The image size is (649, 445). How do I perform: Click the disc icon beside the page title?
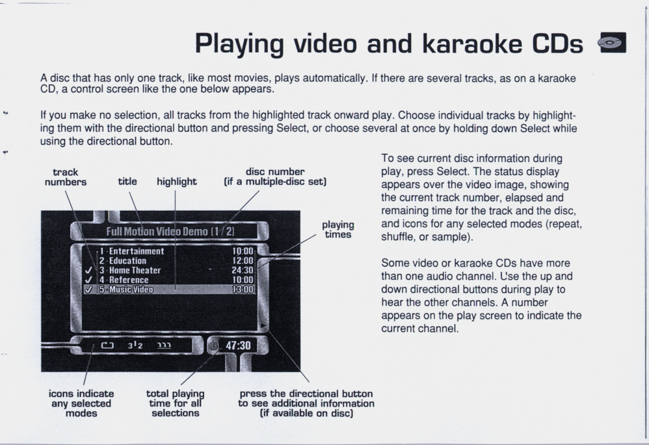(612, 42)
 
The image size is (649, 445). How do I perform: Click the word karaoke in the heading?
(472, 44)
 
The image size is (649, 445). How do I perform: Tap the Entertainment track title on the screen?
(136, 251)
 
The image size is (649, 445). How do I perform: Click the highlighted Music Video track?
(170, 290)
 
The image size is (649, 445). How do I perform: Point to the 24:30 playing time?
(243, 270)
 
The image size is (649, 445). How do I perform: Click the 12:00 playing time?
(243, 261)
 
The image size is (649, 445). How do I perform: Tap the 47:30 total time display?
(238, 345)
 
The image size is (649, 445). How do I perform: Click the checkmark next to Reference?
(88, 280)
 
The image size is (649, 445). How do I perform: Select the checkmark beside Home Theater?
(88, 270)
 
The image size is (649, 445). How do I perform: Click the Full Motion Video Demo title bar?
(170, 231)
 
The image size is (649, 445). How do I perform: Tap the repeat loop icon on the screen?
(107, 345)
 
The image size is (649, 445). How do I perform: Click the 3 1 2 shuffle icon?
(135, 345)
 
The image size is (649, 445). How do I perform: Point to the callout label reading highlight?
(177, 182)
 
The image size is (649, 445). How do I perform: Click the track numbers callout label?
(66, 177)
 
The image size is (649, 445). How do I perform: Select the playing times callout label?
(338, 230)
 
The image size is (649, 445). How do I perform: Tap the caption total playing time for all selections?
(175, 403)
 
